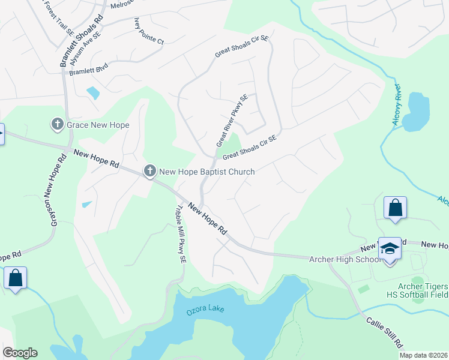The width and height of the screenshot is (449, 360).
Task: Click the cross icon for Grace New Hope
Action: pos(58,124)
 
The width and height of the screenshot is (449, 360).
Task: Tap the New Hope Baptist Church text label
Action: pos(206,172)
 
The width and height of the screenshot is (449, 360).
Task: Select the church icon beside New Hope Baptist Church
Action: pos(149,172)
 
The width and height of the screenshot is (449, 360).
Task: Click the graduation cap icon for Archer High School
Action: pos(390,249)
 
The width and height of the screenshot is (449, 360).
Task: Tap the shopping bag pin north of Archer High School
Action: pos(396,208)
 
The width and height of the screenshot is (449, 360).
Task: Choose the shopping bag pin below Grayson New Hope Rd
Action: pos(15,278)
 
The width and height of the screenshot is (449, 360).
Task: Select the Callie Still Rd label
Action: pos(385,330)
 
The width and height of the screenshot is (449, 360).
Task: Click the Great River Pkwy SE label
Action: pos(232,120)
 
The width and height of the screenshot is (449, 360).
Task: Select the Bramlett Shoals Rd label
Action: pos(65,40)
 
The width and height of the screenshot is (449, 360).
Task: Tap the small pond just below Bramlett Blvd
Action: pos(93,93)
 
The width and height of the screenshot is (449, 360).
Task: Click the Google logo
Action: pos(20,353)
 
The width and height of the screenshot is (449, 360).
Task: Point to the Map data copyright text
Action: pos(423,355)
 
